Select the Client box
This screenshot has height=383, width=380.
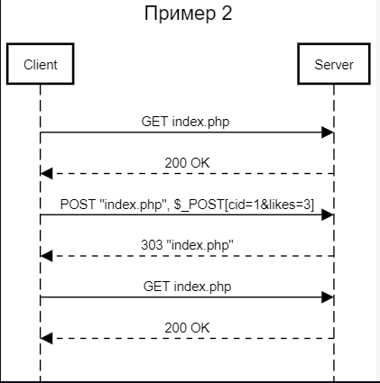41,65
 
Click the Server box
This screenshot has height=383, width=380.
333,65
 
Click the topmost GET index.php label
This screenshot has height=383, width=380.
187,121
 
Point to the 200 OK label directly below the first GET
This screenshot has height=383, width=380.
187,162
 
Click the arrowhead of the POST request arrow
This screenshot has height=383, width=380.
328,215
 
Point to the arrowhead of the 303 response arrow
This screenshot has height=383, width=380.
47,256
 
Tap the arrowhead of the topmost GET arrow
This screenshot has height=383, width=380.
328,133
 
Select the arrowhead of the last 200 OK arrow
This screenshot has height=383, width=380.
47,338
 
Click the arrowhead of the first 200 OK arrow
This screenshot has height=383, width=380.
47,174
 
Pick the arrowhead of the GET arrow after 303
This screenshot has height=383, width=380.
328,296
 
